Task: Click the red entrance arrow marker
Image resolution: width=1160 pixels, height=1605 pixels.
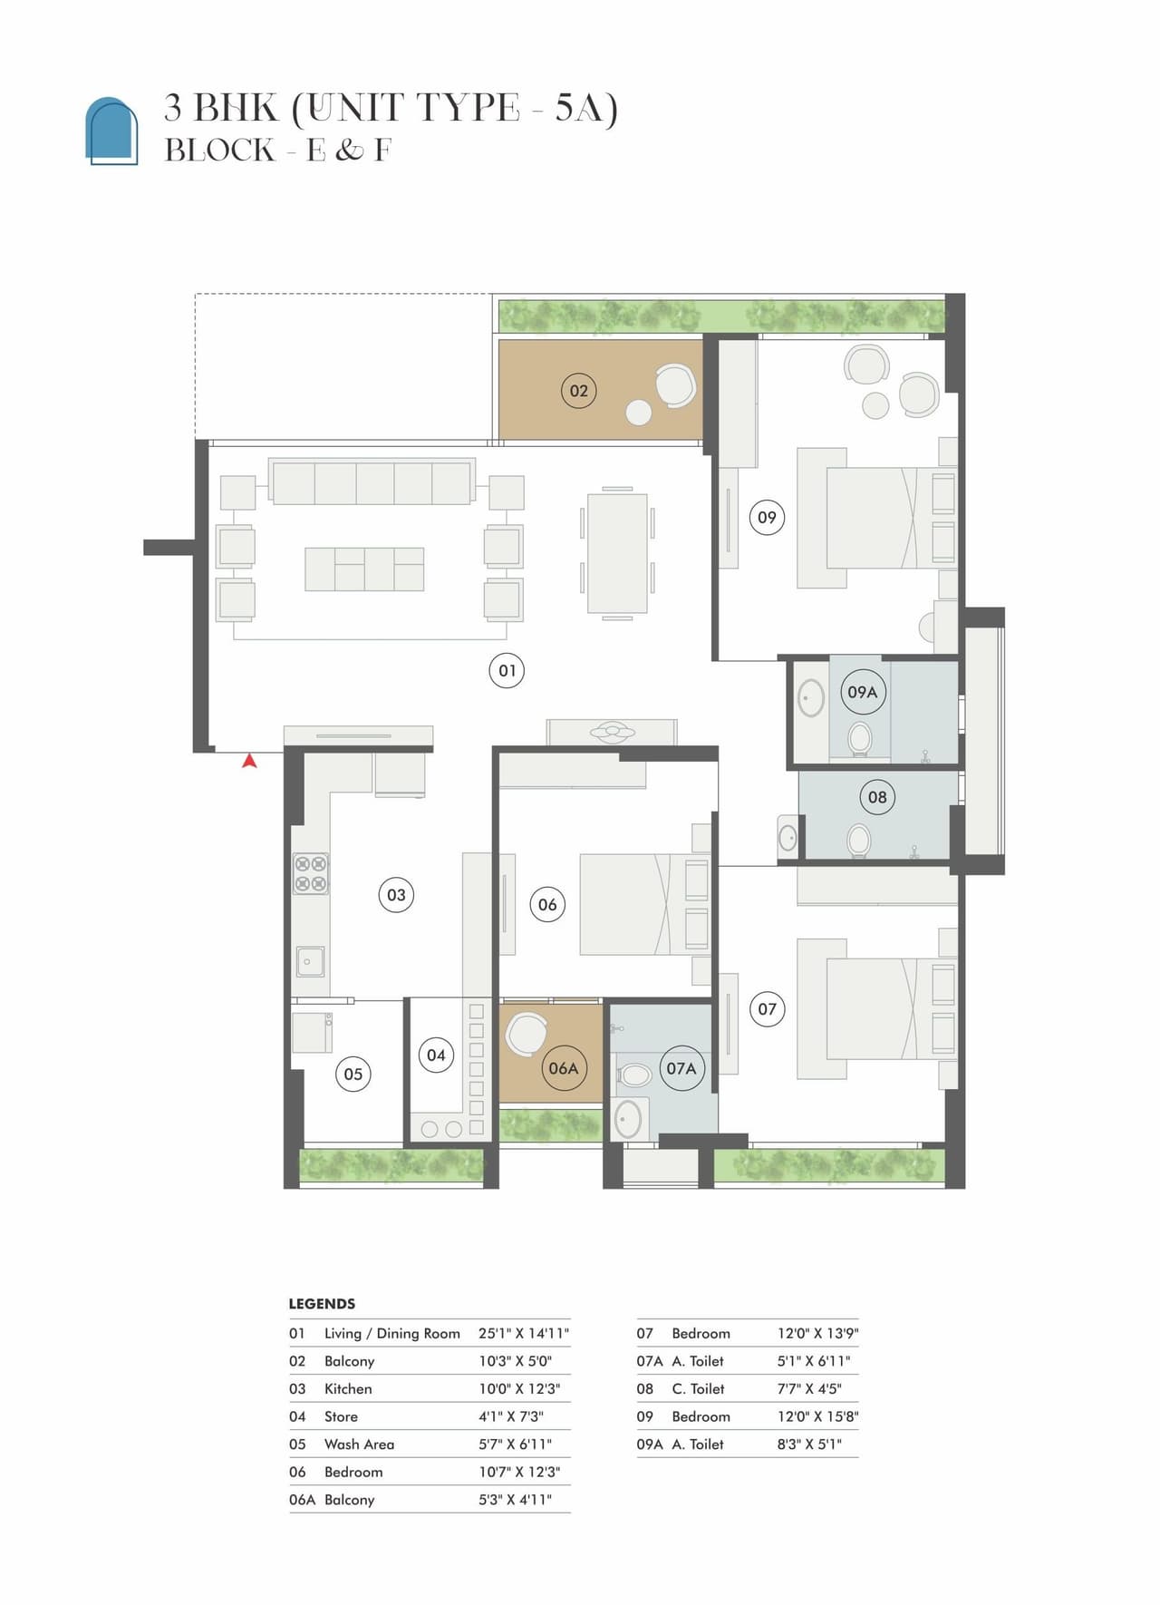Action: coord(249,762)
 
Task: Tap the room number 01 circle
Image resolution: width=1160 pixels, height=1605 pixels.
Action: coord(507,671)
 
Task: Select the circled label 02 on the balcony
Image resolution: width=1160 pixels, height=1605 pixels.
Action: coord(578,391)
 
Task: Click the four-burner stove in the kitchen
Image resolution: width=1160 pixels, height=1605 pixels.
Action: coord(310,874)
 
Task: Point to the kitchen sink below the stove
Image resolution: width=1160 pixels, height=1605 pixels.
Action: coord(309,961)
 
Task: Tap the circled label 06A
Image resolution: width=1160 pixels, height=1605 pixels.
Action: coord(563,1068)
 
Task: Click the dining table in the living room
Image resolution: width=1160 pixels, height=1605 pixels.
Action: coord(617,553)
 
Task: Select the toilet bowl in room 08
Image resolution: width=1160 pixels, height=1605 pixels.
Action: coord(858,841)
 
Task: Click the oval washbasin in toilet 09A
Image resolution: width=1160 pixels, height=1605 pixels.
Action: coord(810,698)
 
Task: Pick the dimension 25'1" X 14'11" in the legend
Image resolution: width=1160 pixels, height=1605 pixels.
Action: coord(523,1333)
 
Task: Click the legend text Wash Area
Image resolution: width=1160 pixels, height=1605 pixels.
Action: coord(359,1444)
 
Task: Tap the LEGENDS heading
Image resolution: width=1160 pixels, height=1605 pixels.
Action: coord(322,1304)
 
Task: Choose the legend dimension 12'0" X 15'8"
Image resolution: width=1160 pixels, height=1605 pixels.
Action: coord(817,1416)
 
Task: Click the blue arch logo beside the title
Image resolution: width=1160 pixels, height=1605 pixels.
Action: coord(111,131)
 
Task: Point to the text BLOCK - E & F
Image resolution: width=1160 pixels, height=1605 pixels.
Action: coord(277,151)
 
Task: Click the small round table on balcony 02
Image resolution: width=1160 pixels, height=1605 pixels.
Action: coord(638,413)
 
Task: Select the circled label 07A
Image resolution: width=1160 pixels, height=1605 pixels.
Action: coord(681,1068)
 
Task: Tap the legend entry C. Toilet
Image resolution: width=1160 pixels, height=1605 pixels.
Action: coord(698,1388)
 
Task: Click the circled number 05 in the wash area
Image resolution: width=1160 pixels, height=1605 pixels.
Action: coord(353,1075)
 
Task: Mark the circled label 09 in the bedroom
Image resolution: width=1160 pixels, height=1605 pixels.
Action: coord(767,518)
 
